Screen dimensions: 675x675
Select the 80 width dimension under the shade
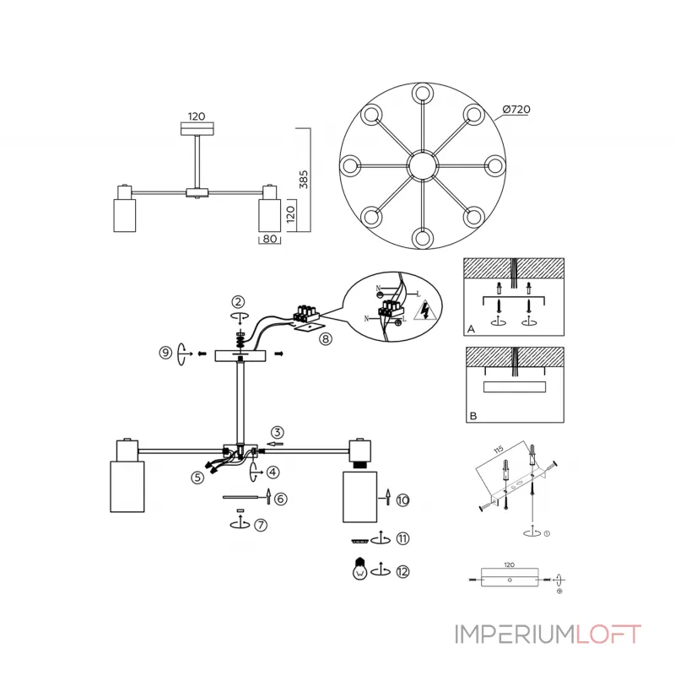pyautogui.click(x=269, y=239)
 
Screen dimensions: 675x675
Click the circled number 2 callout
pyautogui.click(x=239, y=301)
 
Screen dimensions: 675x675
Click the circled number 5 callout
pyautogui.click(x=197, y=477)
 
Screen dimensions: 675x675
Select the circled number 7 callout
pyautogui.click(x=261, y=524)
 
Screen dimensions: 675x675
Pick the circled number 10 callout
pyautogui.click(x=402, y=500)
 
